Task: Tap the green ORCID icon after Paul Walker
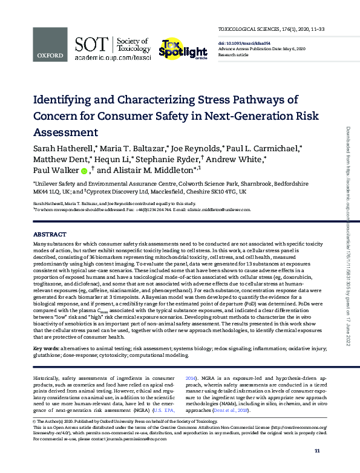point(84,171)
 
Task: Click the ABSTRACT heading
point(50,233)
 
